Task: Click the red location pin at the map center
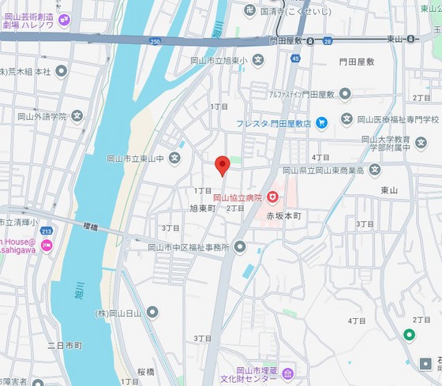(x=223, y=165)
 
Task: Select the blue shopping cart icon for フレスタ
(x=321, y=122)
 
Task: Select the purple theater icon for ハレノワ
(x=63, y=17)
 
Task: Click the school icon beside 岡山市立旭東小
(x=257, y=60)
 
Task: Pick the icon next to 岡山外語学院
(x=77, y=116)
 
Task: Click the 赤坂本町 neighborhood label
(x=283, y=215)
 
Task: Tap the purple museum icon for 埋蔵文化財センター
(x=287, y=373)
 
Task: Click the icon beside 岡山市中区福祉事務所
(x=240, y=247)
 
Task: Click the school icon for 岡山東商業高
(x=374, y=170)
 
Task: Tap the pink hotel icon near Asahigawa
(x=47, y=246)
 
